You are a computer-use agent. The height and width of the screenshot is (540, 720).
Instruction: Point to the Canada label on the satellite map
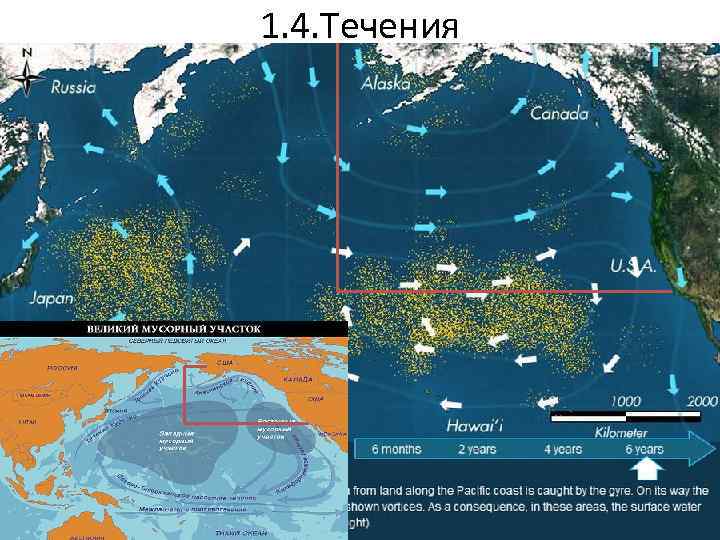[559, 114]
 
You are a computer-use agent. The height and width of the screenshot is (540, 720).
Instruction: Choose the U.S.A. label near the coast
[632, 266]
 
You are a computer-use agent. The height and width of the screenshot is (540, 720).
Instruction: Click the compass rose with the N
[27, 69]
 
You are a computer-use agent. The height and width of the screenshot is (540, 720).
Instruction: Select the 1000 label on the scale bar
[628, 399]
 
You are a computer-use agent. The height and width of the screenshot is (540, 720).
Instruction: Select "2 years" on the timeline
[476, 449]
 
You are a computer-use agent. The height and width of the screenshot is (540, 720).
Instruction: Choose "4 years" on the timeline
[563, 449]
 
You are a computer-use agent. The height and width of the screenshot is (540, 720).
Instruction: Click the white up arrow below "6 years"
[650, 469]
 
